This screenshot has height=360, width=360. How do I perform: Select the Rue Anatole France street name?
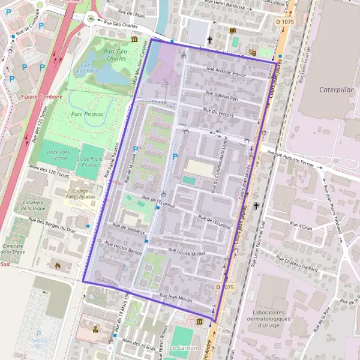click(x=226, y=74)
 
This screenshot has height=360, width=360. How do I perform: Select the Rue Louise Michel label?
click(x=187, y=254)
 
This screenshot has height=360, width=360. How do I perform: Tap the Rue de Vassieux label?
click(x=124, y=228)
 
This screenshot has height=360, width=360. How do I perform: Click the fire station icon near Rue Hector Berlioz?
click(x=58, y=264)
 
